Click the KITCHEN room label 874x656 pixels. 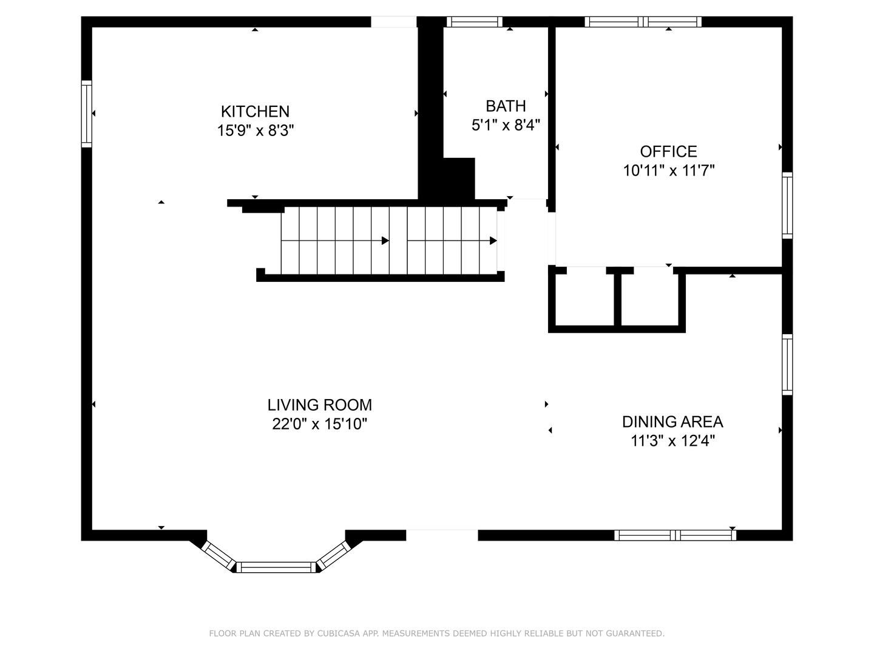click(255, 111)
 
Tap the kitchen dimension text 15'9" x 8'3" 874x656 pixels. click(255, 130)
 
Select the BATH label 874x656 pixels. click(506, 106)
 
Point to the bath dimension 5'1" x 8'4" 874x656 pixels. click(506, 125)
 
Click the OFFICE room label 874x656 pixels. click(668, 151)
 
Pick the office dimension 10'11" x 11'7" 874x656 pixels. click(668, 171)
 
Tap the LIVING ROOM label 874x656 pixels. click(319, 405)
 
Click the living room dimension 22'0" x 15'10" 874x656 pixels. click(319, 424)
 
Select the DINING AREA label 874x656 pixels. click(672, 422)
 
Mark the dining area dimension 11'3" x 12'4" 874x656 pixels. click(672, 441)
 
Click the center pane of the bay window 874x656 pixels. click(277, 567)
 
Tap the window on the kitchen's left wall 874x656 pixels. click(87, 114)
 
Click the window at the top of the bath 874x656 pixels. click(475, 22)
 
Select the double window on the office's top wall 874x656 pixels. click(643, 22)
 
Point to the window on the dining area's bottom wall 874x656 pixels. click(675, 535)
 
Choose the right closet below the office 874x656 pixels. click(649, 299)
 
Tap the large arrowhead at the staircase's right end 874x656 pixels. click(493, 241)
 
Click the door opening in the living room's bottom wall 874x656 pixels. click(442, 535)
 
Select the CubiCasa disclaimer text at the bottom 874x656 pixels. click(436, 634)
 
